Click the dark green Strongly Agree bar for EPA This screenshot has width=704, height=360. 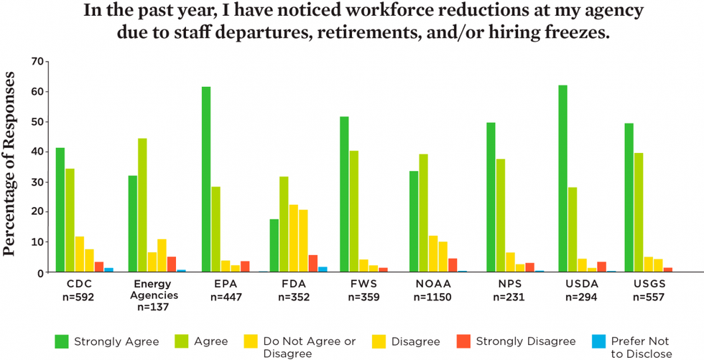206,180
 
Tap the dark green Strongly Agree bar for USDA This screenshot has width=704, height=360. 562,179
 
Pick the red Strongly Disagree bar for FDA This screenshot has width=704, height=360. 312,264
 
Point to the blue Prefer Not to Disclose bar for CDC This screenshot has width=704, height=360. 109,270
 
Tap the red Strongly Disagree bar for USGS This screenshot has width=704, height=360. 667,270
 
